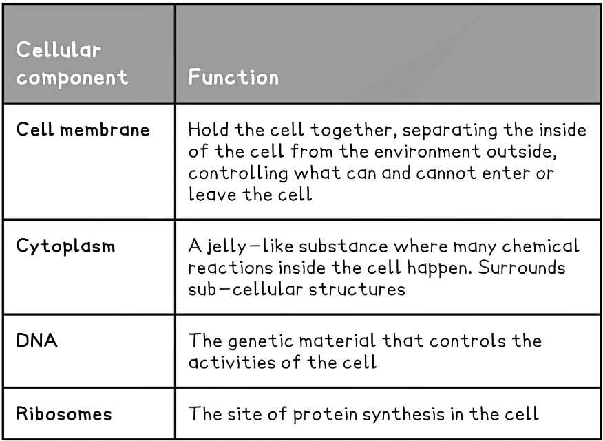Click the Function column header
pyautogui.click(x=234, y=76)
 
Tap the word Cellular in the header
pyautogui.click(x=59, y=50)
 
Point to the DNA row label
pyautogui.click(x=36, y=341)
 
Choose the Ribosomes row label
pyautogui.click(x=64, y=414)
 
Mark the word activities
pyautogui.click(x=231, y=362)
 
